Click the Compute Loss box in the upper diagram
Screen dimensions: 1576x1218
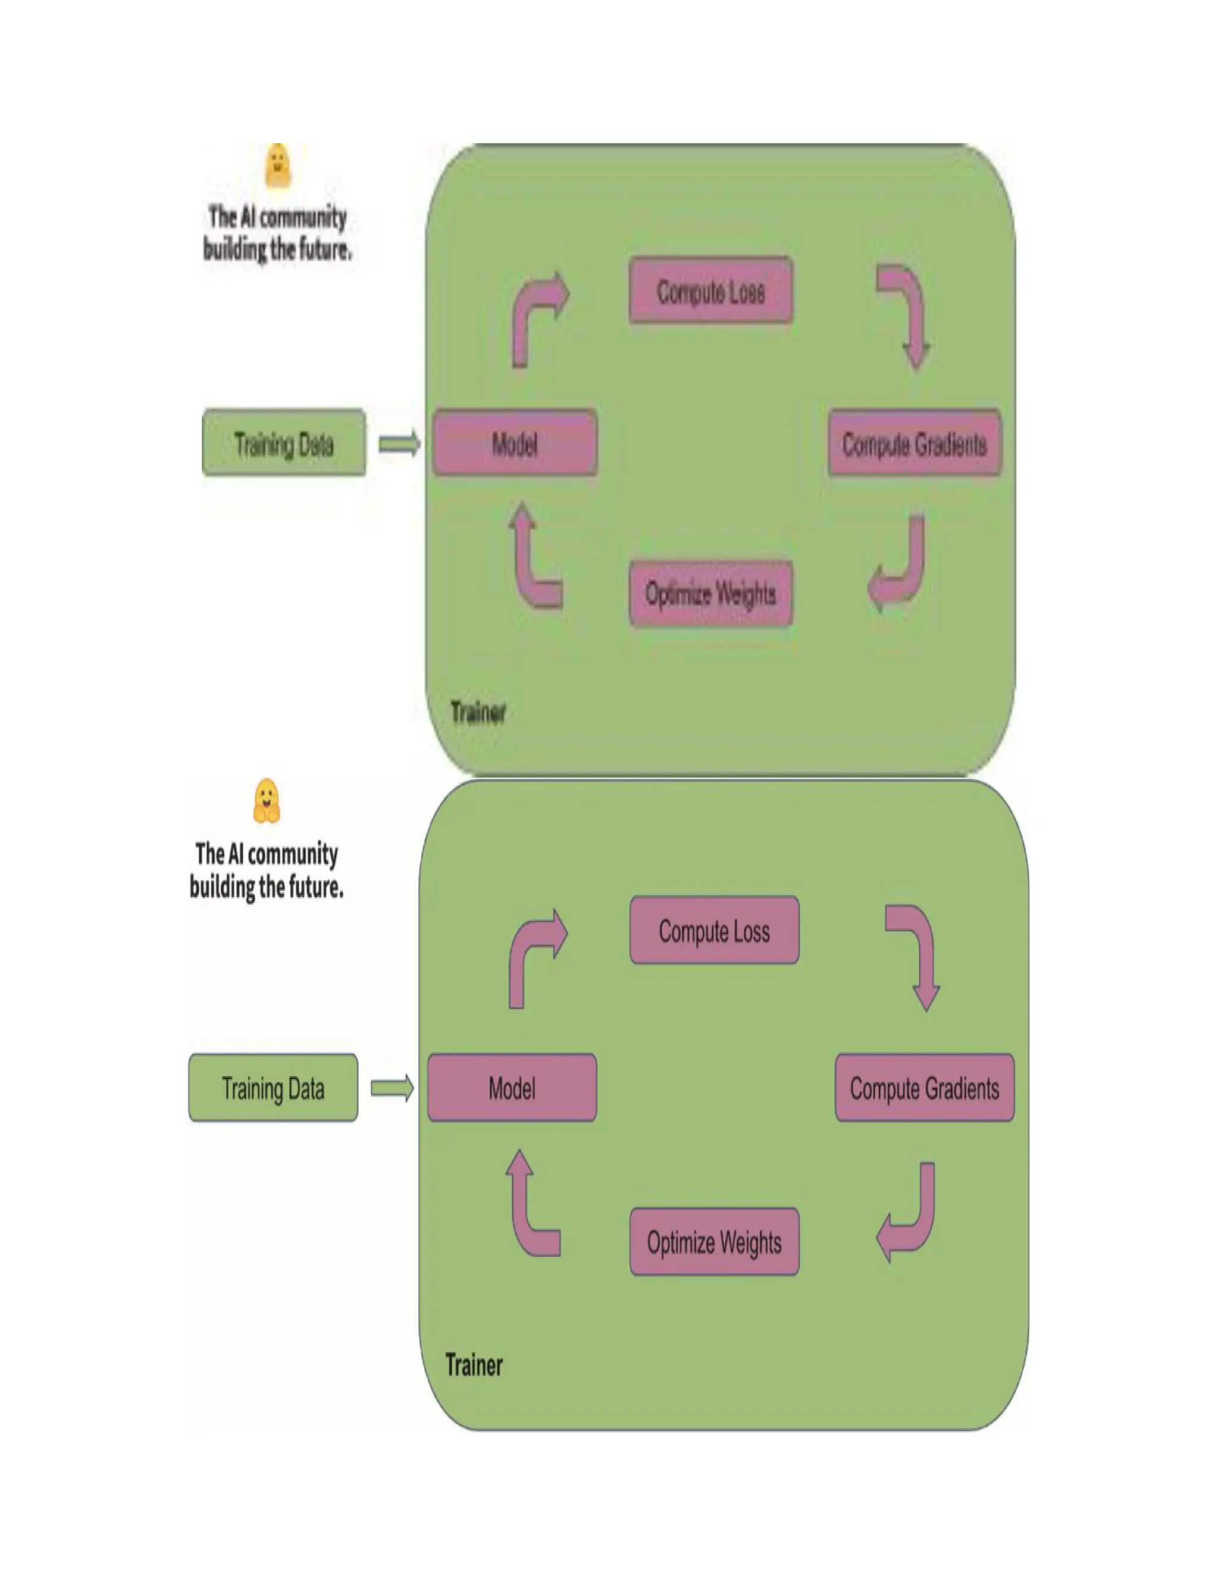(x=711, y=291)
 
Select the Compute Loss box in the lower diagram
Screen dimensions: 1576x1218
(x=714, y=931)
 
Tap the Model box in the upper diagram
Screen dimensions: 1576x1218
(x=514, y=443)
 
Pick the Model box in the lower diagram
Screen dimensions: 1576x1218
(x=511, y=1088)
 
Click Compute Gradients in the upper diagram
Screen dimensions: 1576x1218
(x=914, y=444)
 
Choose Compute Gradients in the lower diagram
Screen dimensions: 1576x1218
(x=924, y=1088)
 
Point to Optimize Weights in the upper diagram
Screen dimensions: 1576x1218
(x=711, y=593)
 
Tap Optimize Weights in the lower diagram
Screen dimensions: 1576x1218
(x=714, y=1242)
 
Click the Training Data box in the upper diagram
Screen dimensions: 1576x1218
(x=284, y=443)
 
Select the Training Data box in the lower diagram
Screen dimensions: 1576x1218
(x=273, y=1088)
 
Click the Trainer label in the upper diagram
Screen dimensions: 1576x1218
(x=478, y=712)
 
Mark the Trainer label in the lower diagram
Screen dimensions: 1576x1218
(x=474, y=1364)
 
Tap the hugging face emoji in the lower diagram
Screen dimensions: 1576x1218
(x=266, y=801)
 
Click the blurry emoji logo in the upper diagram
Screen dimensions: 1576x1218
(x=278, y=166)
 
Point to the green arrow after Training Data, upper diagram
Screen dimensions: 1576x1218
(x=399, y=443)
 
